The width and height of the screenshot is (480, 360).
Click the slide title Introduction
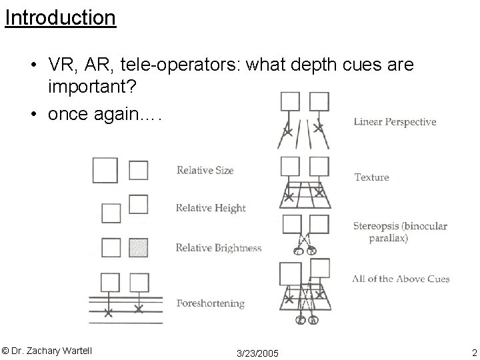pos(60,18)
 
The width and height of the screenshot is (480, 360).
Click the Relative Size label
pos(205,171)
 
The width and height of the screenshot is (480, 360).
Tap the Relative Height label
pos(211,208)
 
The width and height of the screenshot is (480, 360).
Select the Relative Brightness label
pos(218,248)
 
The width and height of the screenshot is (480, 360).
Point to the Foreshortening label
pos(210,303)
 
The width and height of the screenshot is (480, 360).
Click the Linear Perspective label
pos(395,122)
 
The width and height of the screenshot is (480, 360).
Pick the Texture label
pos(371,177)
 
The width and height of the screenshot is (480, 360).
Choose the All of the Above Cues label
pos(401,279)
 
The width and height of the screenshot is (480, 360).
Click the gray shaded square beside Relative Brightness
pos(139,247)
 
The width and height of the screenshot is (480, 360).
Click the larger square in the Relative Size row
pos(105,171)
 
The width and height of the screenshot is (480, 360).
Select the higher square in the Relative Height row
pos(139,203)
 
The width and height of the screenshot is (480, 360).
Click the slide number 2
pos(473,351)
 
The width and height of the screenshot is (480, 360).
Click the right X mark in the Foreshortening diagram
pos(138,309)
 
